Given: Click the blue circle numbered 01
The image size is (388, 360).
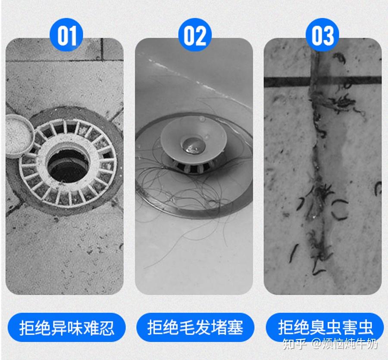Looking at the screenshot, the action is [x=66, y=35].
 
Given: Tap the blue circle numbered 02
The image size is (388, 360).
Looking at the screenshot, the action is [x=195, y=35].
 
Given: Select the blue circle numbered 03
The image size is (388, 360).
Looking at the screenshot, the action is [x=322, y=35].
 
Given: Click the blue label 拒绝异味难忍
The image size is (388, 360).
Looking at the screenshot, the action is [x=66, y=327].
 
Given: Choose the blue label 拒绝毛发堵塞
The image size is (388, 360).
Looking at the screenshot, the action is [x=195, y=327].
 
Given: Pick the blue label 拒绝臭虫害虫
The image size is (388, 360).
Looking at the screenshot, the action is [x=325, y=327].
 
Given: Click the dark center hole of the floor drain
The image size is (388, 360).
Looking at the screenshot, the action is [x=68, y=165].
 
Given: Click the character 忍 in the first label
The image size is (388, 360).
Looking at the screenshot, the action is [x=107, y=328].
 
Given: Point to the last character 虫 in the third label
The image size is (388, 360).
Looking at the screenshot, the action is [x=365, y=328].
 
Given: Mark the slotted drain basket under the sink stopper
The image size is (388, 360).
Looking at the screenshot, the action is [x=191, y=167].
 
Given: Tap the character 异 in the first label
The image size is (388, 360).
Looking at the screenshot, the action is [x=59, y=328].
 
